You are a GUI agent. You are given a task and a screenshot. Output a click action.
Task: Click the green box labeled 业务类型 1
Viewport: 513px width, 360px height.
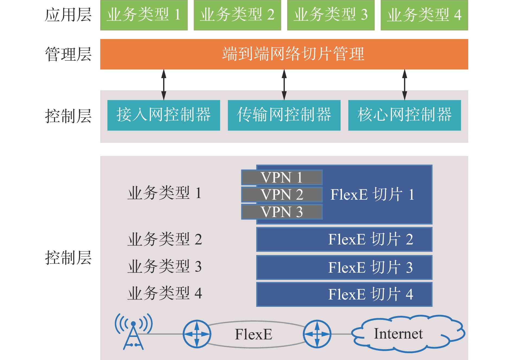(144, 15)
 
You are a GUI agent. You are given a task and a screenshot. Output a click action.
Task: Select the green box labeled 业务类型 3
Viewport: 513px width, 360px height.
(331, 15)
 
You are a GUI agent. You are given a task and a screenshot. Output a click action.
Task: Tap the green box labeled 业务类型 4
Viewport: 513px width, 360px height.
(424, 15)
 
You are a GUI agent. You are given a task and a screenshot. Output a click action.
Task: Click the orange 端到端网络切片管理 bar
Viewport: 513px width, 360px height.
(284, 54)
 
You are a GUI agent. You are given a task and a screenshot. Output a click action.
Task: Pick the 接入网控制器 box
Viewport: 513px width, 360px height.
(164, 115)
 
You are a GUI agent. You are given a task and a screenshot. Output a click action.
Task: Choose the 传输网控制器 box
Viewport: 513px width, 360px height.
(284, 115)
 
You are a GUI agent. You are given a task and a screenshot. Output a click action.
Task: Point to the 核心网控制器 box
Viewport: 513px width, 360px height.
(404, 115)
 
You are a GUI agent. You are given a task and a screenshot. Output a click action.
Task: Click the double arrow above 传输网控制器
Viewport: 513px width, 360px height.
(284, 85)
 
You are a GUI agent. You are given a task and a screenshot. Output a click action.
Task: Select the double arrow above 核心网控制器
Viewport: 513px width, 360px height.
(404, 85)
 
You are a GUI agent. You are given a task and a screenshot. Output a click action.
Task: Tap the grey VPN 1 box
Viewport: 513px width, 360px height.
(282, 178)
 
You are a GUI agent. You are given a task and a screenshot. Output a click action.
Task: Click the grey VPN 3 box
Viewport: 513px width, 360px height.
(282, 212)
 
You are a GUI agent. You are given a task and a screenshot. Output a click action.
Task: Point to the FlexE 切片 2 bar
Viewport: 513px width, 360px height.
(344, 240)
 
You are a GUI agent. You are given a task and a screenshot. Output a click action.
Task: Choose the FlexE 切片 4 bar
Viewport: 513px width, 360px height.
(344, 295)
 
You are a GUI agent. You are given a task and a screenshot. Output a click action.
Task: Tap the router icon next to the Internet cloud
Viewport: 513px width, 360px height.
(317, 334)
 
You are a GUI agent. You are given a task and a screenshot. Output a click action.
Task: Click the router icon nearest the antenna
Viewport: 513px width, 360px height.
(197, 334)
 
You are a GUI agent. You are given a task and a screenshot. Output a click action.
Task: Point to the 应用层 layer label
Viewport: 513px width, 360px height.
(68, 15)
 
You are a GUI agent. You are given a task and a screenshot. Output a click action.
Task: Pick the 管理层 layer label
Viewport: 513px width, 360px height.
(68, 54)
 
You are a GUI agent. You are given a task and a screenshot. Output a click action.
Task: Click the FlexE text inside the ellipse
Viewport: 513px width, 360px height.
(254, 334)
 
